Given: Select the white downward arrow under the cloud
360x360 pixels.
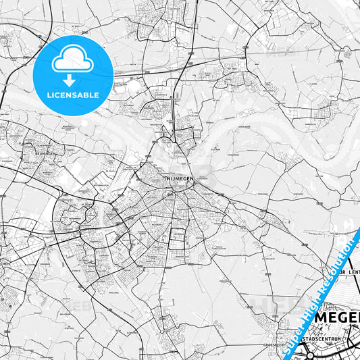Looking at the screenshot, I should click(69, 80).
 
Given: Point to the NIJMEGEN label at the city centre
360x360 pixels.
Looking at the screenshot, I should click(178, 178).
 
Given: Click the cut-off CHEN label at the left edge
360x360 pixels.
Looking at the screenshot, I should click(5, 264).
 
